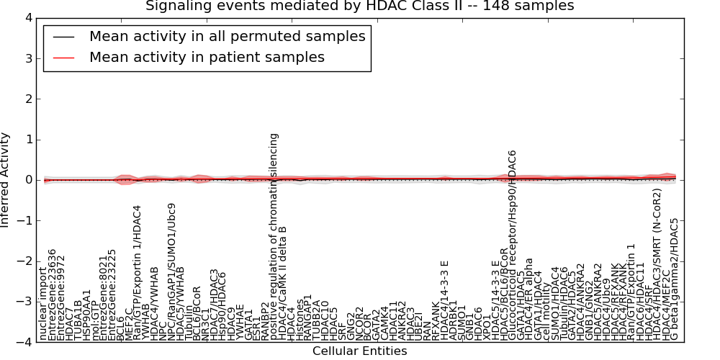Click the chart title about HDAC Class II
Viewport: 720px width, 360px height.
tap(359, 6)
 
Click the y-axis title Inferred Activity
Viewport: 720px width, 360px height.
tap(6, 180)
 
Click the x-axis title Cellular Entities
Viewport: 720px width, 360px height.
tap(359, 351)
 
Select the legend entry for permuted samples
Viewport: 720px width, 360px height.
tap(227, 36)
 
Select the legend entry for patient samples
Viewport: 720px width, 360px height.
tap(207, 57)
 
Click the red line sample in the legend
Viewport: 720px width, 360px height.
tap(63, 58)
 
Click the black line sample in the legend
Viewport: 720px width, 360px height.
tap(63, 37)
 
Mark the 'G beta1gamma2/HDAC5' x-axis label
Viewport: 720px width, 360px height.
tap(675, 279)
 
